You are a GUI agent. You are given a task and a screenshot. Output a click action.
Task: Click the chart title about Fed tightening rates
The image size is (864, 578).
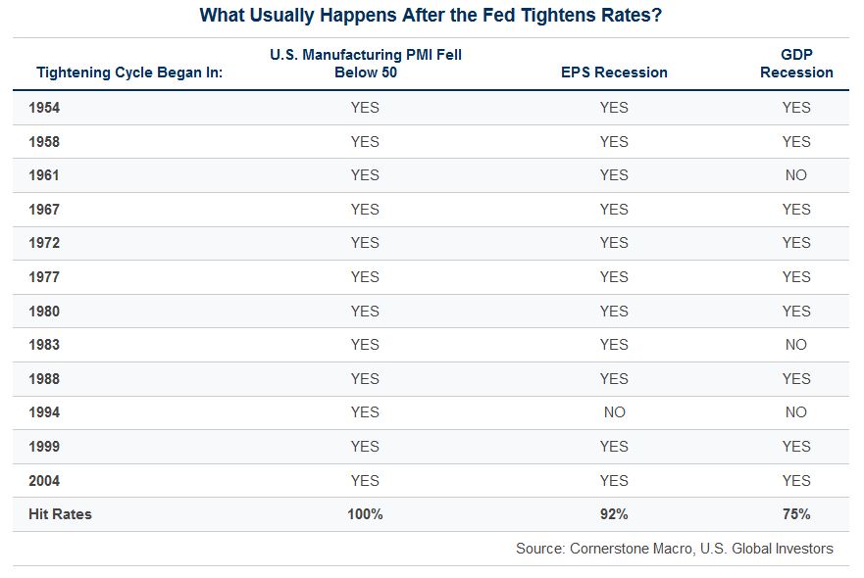click(431, 15)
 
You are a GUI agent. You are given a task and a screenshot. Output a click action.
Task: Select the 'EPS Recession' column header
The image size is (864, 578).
click(614, 72)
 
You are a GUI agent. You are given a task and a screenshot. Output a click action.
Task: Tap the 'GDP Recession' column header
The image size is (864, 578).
click(796, 64)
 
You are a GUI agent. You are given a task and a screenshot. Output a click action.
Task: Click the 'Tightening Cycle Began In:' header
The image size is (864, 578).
click(129, 72)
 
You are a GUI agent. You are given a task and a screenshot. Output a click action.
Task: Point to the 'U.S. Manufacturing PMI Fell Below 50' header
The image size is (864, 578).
click(366, 64)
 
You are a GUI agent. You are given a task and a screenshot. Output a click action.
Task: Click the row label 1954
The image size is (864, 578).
click(44, 108)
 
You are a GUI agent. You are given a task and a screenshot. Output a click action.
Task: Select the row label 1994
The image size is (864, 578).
click(44, 412)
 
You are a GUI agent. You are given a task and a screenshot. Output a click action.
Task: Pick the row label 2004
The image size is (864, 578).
click(44, 481)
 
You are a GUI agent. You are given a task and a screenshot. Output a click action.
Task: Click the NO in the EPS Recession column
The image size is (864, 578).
click(614, 412)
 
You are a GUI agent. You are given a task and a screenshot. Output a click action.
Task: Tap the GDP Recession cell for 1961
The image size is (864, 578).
click(796, 175)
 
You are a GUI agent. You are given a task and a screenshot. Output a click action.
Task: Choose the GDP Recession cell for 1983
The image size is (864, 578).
click(796, 345)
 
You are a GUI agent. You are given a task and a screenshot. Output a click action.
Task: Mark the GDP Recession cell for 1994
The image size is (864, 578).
click(796, 412)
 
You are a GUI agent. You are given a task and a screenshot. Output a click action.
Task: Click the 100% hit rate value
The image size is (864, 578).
click(365, 514)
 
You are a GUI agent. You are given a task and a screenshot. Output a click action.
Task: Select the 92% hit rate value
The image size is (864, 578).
click(614, 514)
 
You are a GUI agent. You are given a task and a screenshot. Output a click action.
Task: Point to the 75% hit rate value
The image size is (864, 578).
click(796, 514)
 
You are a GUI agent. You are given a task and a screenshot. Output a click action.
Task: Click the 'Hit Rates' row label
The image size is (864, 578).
click(60, 514)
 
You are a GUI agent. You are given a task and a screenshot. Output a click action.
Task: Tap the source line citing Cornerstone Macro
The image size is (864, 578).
click(675, 549)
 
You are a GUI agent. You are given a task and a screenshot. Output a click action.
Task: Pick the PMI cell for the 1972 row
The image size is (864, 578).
click(365, 243)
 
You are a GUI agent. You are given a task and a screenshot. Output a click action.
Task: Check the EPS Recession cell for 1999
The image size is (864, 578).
click(614, 447)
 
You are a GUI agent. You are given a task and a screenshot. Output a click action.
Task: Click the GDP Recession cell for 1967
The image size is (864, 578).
click(796, 210)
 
